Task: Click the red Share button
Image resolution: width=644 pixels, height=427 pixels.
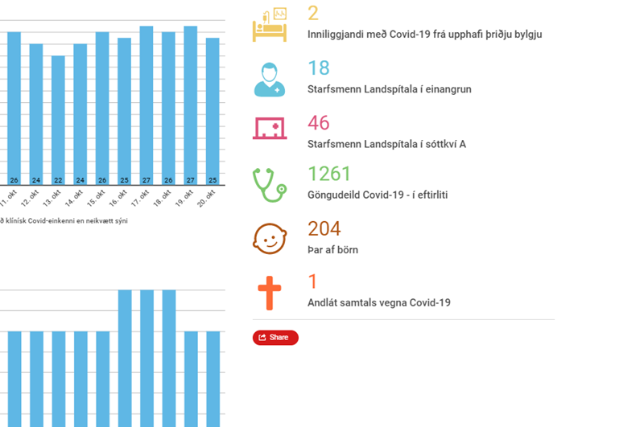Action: coord(275,338)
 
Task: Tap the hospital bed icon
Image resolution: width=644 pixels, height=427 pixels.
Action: coord(270,25)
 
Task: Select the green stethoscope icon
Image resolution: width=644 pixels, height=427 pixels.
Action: coord(270,185)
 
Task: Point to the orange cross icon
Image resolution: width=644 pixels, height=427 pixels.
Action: coord(270,293)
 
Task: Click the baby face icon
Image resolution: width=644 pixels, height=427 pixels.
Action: coord(270,239)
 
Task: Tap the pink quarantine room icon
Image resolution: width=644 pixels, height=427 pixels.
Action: coord(270,128)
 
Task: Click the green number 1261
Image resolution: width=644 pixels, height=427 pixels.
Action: coord(329,174)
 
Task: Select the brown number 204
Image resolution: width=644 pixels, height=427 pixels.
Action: coord(324,229)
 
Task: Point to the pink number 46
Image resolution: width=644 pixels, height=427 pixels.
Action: coord(319,123)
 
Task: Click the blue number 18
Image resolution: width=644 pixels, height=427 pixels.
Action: coord(318,68)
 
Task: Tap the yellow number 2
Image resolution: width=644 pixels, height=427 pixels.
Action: coord(313,14)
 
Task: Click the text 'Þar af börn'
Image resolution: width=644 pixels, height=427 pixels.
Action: coord(333,250)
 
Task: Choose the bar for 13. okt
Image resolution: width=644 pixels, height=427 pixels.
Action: coord(58,120)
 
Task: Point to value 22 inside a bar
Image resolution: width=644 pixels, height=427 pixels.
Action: coord(58,180)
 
